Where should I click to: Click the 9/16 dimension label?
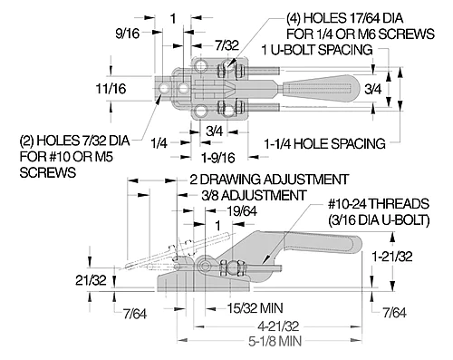point(128,33)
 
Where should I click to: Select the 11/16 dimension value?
point(111,89)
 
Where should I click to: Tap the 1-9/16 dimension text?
point(218,158)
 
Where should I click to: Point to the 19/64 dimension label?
point(242,211)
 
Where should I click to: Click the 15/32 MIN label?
point(255,308)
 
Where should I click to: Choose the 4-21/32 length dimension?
point(278,326)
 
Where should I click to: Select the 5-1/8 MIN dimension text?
point(275,341)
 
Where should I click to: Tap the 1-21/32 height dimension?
point(391,257)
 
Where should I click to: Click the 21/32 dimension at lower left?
point(91,280)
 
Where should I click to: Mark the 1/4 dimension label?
point(159,142)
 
